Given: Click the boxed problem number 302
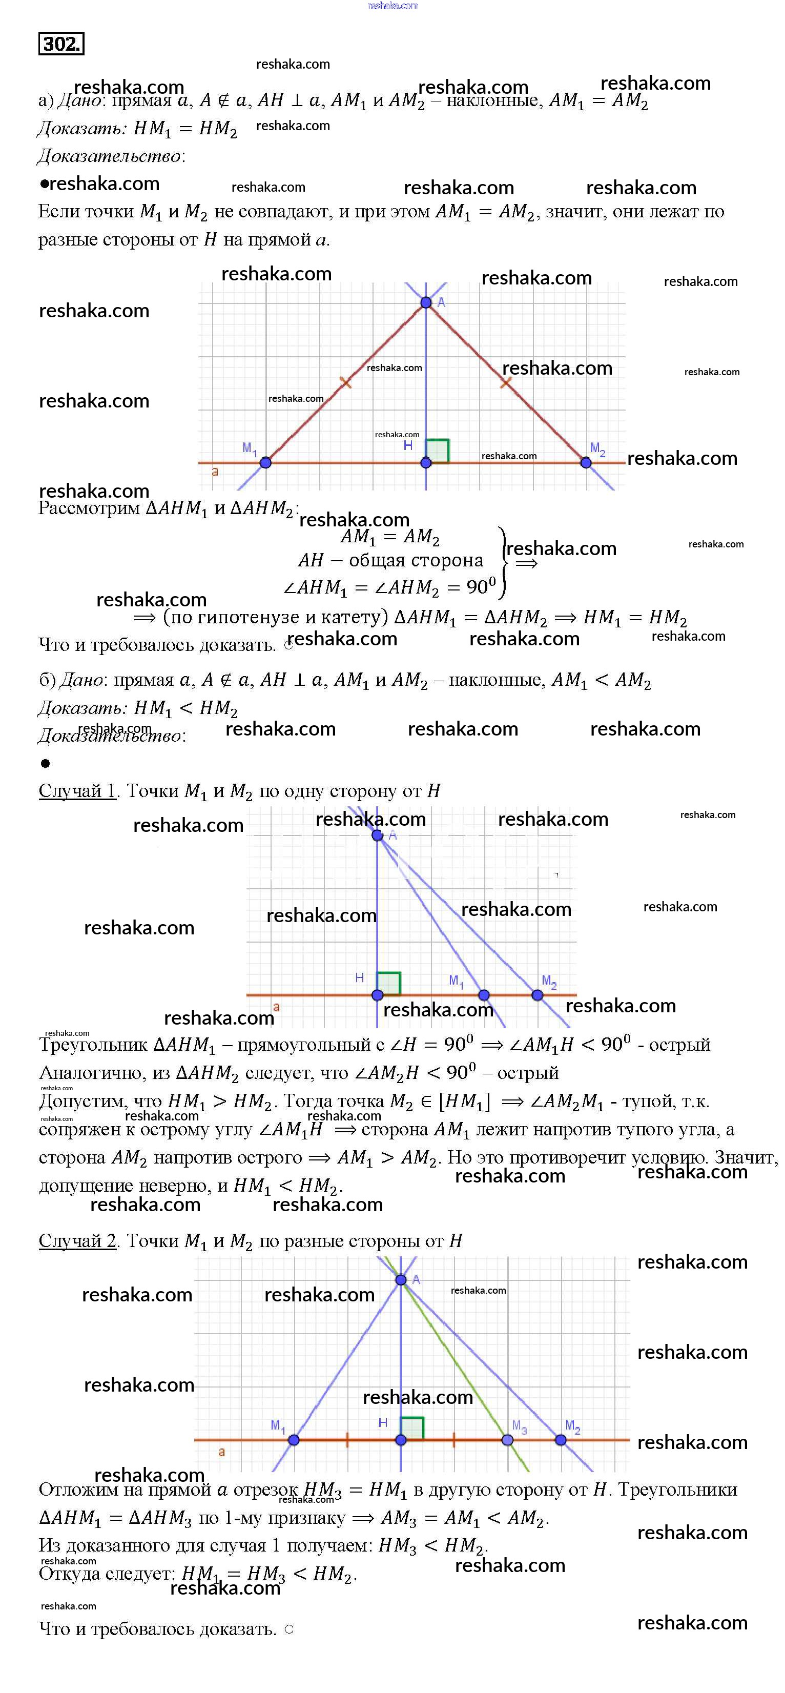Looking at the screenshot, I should [x=61, y=44].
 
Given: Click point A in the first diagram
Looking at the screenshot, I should [x=426, y=302].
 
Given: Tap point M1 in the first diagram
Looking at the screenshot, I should [x=265, y=463].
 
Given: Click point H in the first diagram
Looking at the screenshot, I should [x=426, y=463].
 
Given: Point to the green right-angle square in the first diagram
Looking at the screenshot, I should [x=438, y=451].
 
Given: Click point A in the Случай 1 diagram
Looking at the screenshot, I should [x=377, y=835].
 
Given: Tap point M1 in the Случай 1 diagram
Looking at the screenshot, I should [x=484, y=995].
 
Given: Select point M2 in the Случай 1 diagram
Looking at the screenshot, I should [x=538, y=995].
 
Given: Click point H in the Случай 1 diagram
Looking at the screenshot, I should [x=377, y=995].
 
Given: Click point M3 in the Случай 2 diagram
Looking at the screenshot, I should [x=507, y=1440].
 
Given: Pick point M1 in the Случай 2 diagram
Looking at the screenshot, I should [x=294, y=1440].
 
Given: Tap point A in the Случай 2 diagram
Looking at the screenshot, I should [x=401, y=1279].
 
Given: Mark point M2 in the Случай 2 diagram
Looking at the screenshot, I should [x=561, y=1440].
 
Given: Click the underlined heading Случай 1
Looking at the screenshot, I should [x=77, y=791].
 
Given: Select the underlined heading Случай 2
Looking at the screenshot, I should [x=77, y=1241].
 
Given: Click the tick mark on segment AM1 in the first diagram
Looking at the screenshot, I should [x=345, y=382].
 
